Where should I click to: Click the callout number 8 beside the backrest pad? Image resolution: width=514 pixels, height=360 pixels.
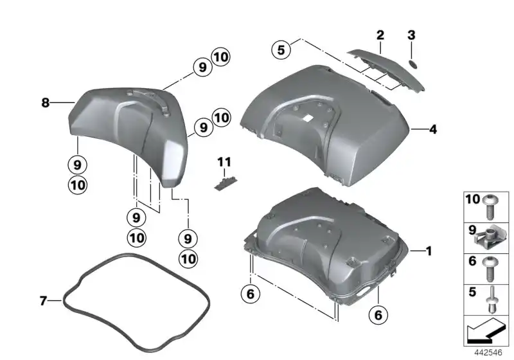45,102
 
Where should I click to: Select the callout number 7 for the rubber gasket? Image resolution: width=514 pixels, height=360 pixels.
43,300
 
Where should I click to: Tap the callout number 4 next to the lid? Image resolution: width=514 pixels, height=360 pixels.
433,129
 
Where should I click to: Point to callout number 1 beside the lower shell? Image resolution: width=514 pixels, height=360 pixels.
429,251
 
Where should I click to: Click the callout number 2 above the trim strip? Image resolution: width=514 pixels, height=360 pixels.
380,35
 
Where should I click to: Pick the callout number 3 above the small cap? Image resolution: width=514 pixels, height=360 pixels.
412,34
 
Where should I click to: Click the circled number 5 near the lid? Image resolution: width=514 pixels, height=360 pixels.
280,49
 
